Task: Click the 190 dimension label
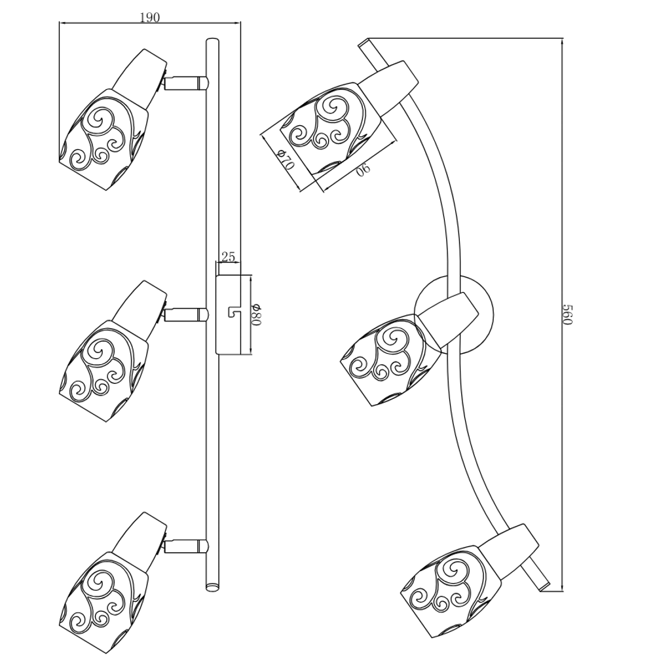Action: (x=150, y=18)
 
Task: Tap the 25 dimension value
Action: (x=229, y=257)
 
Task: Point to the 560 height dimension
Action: (x=569, y=314)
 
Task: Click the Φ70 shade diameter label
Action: (x=286, y=159)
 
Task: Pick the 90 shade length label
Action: (x=364, y=169)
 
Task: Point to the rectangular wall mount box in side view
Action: (x=228, y=314)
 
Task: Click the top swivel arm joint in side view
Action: (x=186, y=83)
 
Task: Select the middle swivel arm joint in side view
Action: (x=186, y=314)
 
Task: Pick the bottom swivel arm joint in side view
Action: (x=186, y=546)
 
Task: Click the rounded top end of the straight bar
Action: (x=212, y=41)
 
